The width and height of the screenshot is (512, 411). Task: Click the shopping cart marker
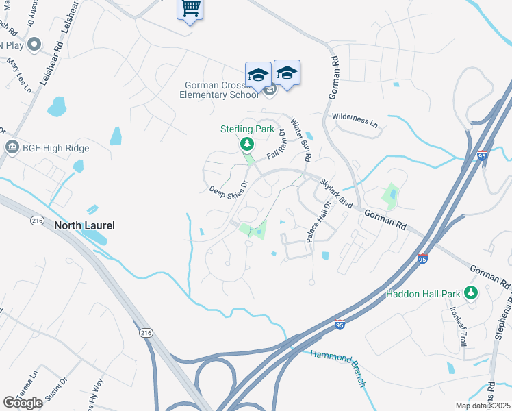click(x=190, y=9)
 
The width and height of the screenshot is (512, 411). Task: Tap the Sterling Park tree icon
click(x=246, y=144)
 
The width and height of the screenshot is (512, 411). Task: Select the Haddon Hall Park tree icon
click(x=470, y=293)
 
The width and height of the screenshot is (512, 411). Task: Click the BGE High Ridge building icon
click(x=12, y=147)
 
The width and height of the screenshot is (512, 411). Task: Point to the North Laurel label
click(x=84, y=225)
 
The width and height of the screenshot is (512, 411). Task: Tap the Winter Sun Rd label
click(x=301, y=140)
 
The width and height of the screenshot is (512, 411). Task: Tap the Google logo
click(x=23, y=402)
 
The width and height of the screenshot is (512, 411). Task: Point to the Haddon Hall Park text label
click(x=422, y=294)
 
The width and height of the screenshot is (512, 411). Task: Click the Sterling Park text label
click(x=246, y=129)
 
